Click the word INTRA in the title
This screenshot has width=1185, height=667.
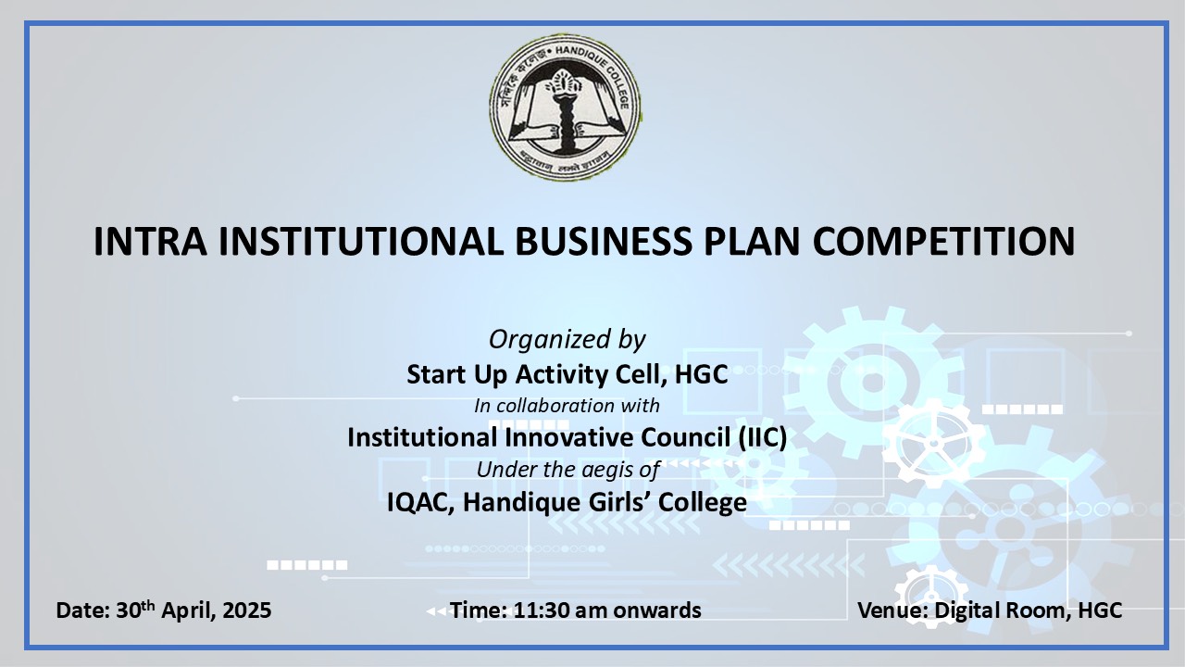150,242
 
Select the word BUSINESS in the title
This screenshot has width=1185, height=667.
603,242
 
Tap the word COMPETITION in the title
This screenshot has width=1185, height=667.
943,242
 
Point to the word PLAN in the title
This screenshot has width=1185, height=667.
752,242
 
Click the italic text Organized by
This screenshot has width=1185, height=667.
568,340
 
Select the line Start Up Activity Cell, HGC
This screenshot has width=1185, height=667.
568,374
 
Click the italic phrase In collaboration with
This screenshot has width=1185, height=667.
568,406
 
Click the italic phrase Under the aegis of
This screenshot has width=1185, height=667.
568,470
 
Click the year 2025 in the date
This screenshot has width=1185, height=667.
247,610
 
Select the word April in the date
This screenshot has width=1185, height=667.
188,610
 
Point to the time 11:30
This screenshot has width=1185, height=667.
542,610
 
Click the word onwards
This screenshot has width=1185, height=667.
657,610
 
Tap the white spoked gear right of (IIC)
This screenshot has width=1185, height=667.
933,443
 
